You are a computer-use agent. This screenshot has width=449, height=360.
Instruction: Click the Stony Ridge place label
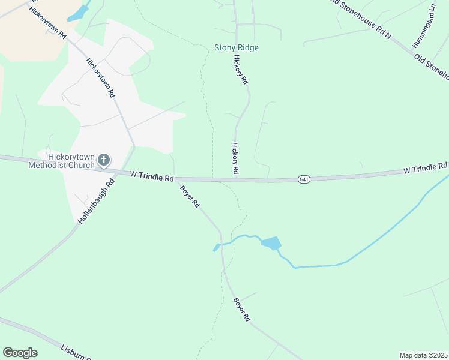point(237,47)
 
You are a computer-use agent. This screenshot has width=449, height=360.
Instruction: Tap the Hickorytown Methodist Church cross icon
point(104,160)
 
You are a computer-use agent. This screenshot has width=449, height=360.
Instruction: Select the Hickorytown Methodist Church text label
point(61,160)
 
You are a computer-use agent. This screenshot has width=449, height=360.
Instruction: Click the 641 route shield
point(304,179)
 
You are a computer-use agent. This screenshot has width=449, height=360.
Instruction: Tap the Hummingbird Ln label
point(423,27)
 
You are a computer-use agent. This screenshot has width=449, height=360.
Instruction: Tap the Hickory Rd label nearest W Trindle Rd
point(235,158)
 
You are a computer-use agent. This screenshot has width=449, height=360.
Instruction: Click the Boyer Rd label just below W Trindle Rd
point(190,196)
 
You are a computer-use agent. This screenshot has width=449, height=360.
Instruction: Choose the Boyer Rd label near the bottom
point(241,310)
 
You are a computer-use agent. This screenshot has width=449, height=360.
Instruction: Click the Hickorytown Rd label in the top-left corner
point(47,23)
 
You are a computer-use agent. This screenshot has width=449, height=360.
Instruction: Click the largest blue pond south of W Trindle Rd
point(271,243)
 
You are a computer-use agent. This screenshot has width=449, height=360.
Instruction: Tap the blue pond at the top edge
point(79,13)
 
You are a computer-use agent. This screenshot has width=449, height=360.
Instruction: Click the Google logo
point(20,353)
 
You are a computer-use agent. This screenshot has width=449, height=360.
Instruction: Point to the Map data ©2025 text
point(423,355)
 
